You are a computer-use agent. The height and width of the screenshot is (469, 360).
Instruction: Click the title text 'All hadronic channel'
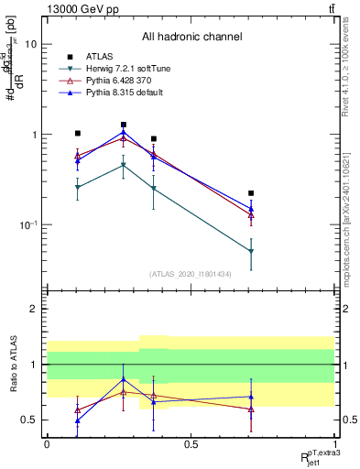(x=191, y=38)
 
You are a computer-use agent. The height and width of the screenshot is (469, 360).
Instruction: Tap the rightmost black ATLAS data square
(x=251, y=193)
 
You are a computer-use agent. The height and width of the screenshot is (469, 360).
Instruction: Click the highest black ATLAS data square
(x=124, y=125)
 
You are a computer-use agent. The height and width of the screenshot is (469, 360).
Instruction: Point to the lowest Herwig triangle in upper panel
(x=251, y=251)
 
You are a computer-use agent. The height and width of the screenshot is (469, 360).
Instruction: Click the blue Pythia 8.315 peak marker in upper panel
(x=124, y=132)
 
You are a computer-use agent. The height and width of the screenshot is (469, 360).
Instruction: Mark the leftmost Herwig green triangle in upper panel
(x=78, y=187)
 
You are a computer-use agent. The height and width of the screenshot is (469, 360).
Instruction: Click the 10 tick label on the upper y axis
(x=30, y=44)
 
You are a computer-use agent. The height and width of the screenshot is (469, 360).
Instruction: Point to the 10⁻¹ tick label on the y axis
(x=27, y=225)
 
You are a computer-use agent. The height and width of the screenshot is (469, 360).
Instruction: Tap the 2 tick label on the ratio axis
(x=33, y=310)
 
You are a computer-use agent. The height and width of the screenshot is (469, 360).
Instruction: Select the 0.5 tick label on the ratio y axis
(x=29, y=420)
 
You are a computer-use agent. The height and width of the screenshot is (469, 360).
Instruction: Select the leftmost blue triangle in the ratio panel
(x=78, y=420)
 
